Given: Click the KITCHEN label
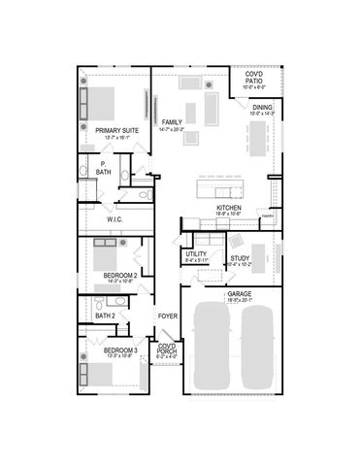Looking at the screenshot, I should pyautogui.click(x=228, y=208).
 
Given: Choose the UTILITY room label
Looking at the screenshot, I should pyautogui.click(x=197, y=254).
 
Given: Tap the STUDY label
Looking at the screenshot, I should pyautogui.click(x=241, y=257).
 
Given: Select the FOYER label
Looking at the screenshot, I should pyautogui.click(x=168, y=316).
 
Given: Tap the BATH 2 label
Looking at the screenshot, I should pyautogui.click(x=106, y=316).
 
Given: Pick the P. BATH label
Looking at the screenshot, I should pyautogui.click(x=103, y=168).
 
